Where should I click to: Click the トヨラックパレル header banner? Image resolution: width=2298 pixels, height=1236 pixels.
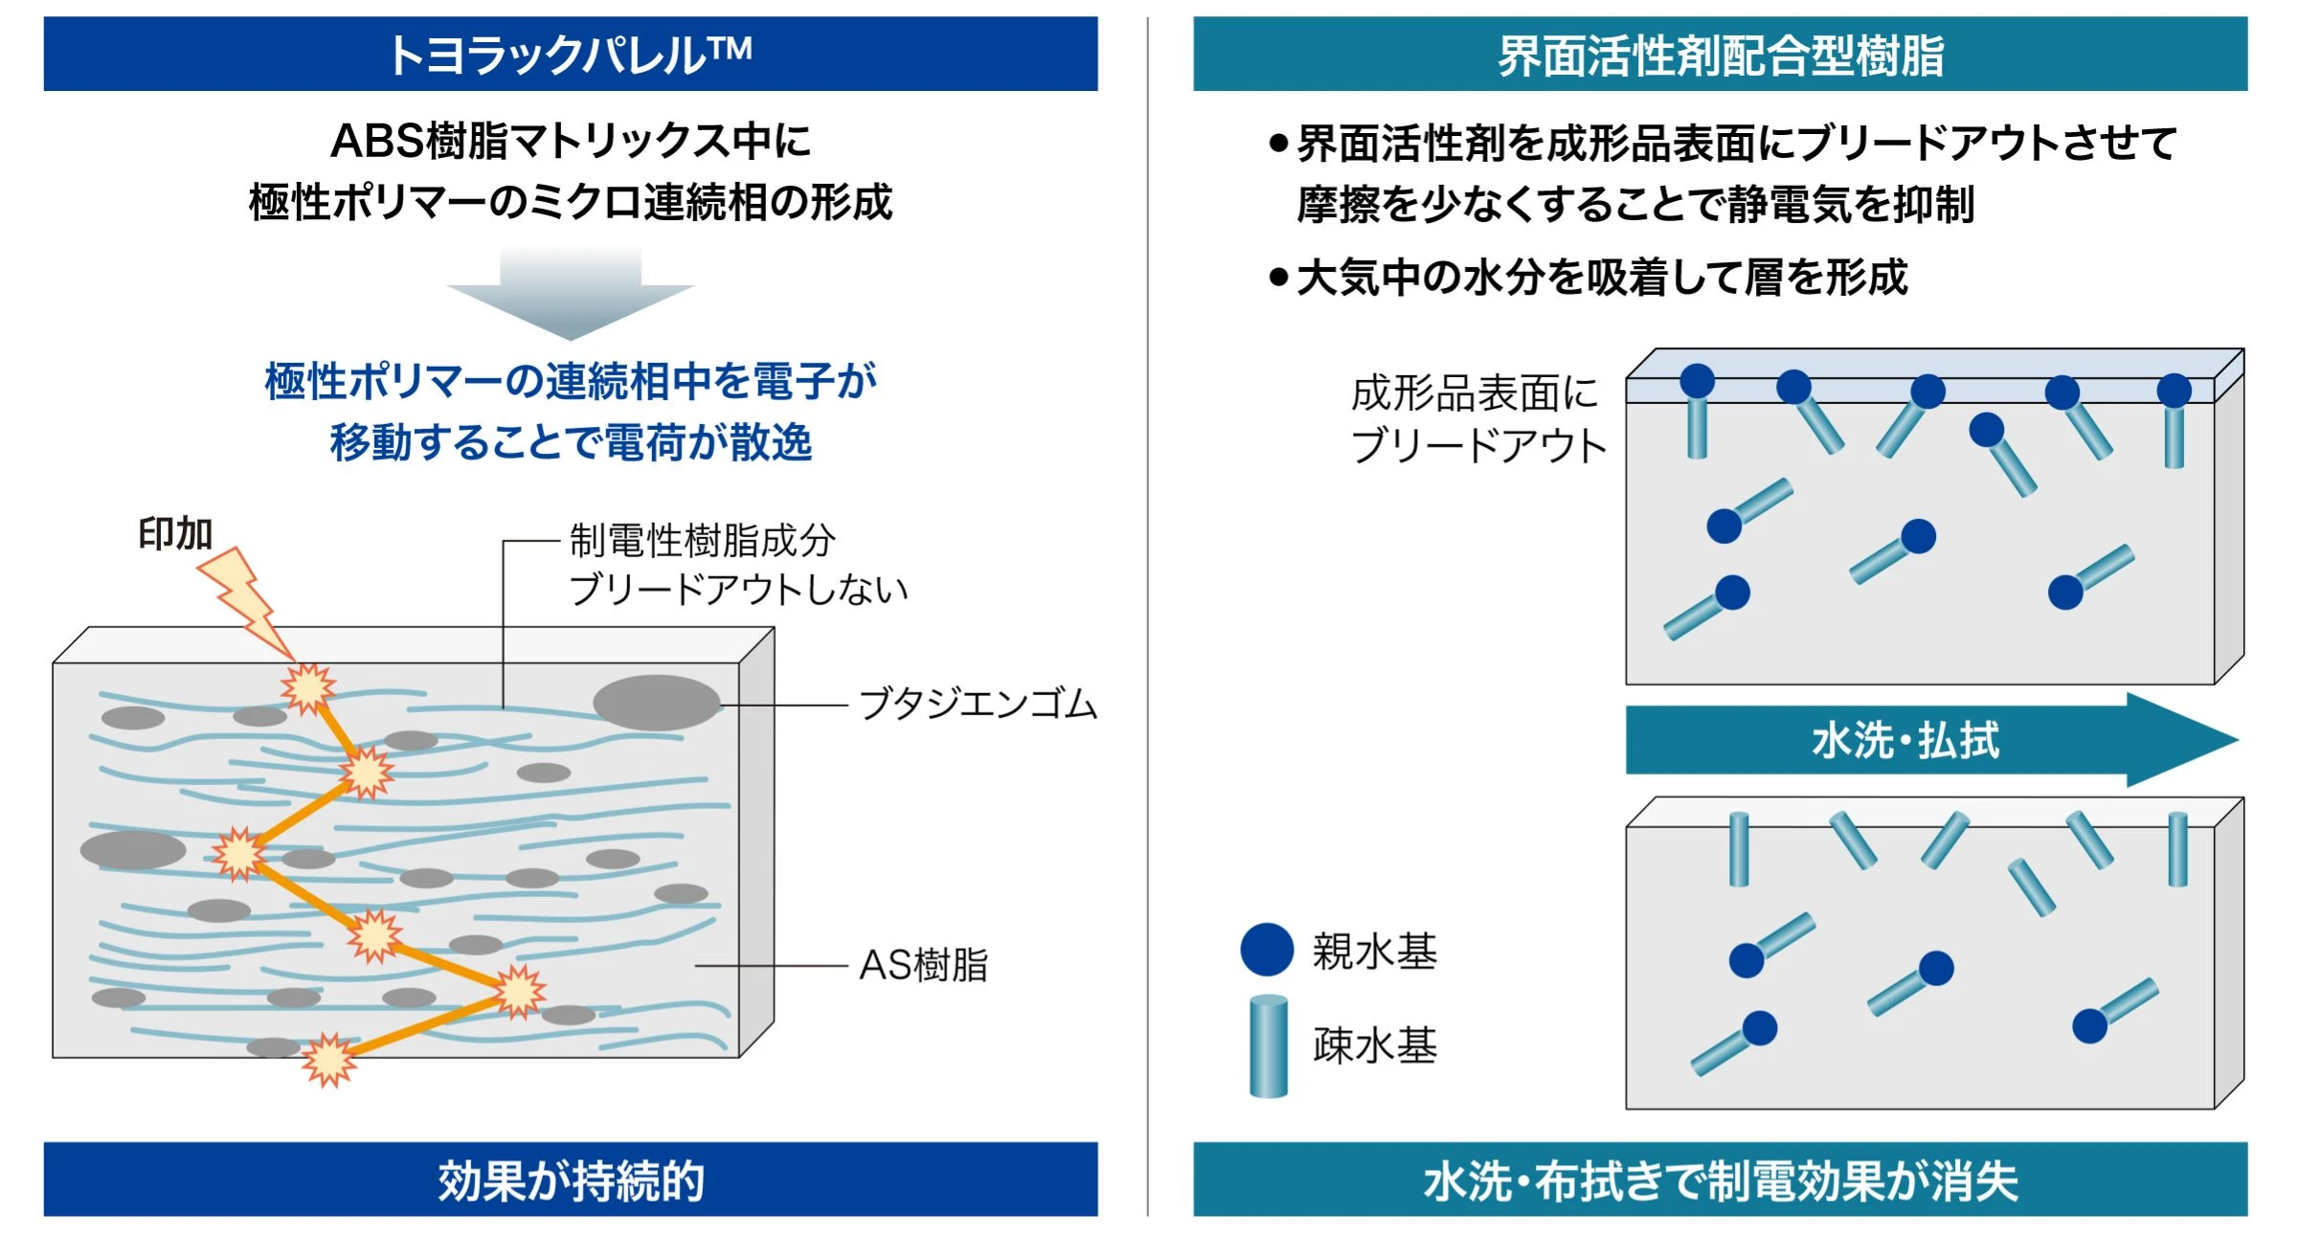point(571,55)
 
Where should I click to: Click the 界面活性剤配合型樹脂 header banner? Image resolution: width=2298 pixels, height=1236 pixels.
point(1720,55)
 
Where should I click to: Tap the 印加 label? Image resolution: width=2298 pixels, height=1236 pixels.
point(175,534)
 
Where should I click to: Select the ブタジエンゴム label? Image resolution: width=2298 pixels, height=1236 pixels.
point(978,705)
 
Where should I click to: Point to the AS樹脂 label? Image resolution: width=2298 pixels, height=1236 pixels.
point(923,965)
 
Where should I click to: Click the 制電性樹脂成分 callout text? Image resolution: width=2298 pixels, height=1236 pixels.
point(702,541)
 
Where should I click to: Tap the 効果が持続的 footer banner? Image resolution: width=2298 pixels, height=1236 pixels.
point(571,1180)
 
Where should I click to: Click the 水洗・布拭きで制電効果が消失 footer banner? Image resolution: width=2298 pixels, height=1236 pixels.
point(1720,1180)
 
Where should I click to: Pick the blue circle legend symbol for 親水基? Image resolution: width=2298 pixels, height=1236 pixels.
point(1267,950)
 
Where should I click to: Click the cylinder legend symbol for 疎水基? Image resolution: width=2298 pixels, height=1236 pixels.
point(1269,1045)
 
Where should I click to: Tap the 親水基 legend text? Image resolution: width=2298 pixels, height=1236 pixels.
point(1374,952)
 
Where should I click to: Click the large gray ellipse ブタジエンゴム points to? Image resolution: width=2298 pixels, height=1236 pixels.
point(657,703)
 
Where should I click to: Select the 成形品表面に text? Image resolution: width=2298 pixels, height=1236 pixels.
point(1475,393)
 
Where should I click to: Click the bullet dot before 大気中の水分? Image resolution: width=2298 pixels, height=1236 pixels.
point(1278,278)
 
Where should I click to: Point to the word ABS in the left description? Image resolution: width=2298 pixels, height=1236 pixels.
point(376,142)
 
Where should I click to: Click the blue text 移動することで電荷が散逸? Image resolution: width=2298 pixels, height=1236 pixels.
point(571,442)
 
